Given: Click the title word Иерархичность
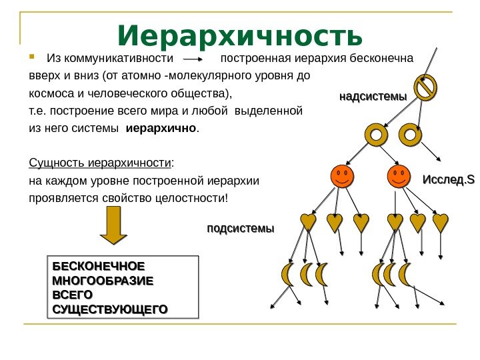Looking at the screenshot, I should pyautogui.click(x=240, y=35).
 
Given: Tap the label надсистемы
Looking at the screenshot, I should pyautogui.click(x=373, y=97).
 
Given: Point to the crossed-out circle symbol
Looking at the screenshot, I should pyautogui.click(x=425, y=87).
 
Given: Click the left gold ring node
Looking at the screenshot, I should pyautogui.click(x=377, y=135).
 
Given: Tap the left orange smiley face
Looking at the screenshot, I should pyautogui.click(x=342, y=177).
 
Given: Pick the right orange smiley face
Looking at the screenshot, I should pyautogui.click(x=399, y=177).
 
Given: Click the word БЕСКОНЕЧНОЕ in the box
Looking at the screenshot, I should pyautogui.click(x=98, y=265).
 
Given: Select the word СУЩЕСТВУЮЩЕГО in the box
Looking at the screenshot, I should pyautogui.click(x=109, y=309).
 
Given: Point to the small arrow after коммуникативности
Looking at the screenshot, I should pyautogui.click(x=195, y=58).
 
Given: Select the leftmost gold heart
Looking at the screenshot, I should pyautogui.click(x=309, y=223).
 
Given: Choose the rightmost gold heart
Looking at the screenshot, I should pyautogui.click(x=440, y=222).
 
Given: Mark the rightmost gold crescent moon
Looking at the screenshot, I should pyautogui.click(x=405, y=273).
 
